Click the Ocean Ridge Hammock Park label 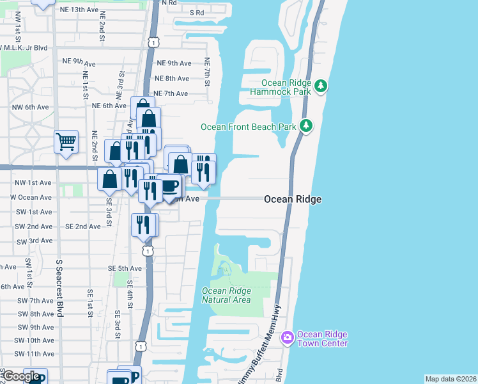(x=286, y=88)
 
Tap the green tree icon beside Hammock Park (x=321, y=85)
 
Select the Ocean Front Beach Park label (x=249, y=127)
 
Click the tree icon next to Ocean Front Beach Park (x=307, y=125)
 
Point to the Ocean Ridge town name (x=293, y=200)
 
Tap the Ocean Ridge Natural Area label (x=227, y=295)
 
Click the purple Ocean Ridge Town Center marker (x=287, y=337)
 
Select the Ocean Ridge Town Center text (x=323, y=339)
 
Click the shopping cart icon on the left (x=66, y=141)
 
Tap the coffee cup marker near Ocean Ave (x=169, y=186)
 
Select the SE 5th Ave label (x=124, y=268)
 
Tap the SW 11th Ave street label (x=36, y=354)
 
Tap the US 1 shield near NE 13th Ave (x=153, y=41)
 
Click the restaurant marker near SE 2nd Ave (x=143, y=224)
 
